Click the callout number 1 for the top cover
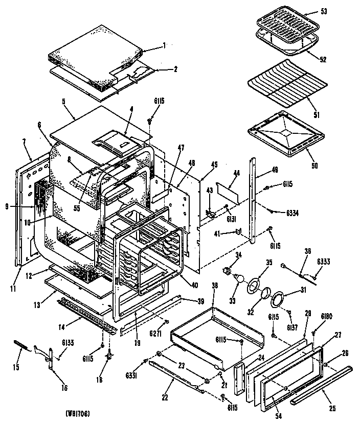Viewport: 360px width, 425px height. (x=164, y=45)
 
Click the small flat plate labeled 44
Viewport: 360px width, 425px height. (x=229, y=191)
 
